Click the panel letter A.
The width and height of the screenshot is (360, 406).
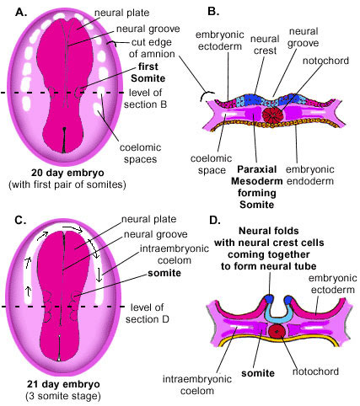(21, 12)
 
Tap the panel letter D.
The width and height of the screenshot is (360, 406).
(215, 220)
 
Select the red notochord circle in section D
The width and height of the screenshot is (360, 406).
(277, 331)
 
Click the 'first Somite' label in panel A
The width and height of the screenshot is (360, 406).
(148, 72)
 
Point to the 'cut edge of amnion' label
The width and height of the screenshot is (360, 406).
(152, 48)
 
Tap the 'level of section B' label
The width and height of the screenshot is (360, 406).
(145, 99)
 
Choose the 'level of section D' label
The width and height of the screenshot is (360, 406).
(148, 313)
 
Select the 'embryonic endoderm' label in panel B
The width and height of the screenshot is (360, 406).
(309, 175)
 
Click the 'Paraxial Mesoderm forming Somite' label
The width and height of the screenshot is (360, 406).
(256, 187)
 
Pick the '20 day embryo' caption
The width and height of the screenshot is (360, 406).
(67, 173)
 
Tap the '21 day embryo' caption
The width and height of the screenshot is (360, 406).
(63, 384)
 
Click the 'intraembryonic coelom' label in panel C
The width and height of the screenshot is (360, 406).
(175, 254)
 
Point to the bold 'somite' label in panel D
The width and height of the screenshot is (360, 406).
(258, 373)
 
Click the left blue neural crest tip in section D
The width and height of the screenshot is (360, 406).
(269, 299)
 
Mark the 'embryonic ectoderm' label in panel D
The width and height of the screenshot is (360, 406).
(333, 284)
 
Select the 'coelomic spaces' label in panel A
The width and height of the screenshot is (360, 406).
(140, 153)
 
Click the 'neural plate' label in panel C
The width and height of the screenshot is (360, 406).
(148, 219)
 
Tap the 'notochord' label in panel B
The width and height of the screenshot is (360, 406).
(325, 61)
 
